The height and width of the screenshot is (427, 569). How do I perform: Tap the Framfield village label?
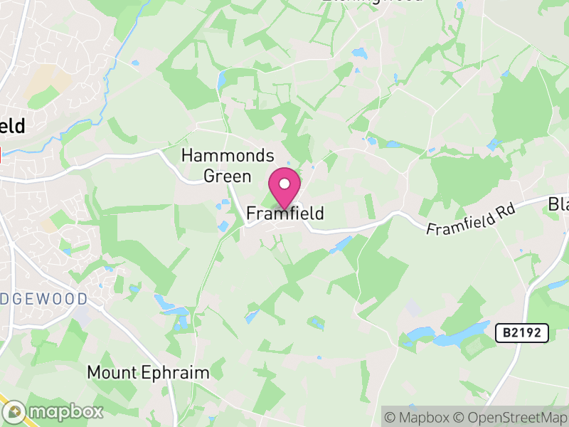[x=285, y=213]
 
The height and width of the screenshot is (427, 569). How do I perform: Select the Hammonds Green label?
[x=228, y=166]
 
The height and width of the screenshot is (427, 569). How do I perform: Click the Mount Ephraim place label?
[x=148, y=372]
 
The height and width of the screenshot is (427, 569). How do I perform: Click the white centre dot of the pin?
[x=284, y=184]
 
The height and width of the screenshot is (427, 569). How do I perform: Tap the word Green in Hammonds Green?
[x=228, y=176]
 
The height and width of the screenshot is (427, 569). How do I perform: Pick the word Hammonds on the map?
[x=228, y=155]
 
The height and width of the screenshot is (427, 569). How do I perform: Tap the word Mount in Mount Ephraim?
[x=110, y=372]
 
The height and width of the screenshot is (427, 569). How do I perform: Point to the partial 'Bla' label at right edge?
[x=559, y=205]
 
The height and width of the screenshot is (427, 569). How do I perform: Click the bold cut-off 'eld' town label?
[x=12, y=127]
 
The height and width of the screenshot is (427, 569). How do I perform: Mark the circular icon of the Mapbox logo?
[x=15, y=411]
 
